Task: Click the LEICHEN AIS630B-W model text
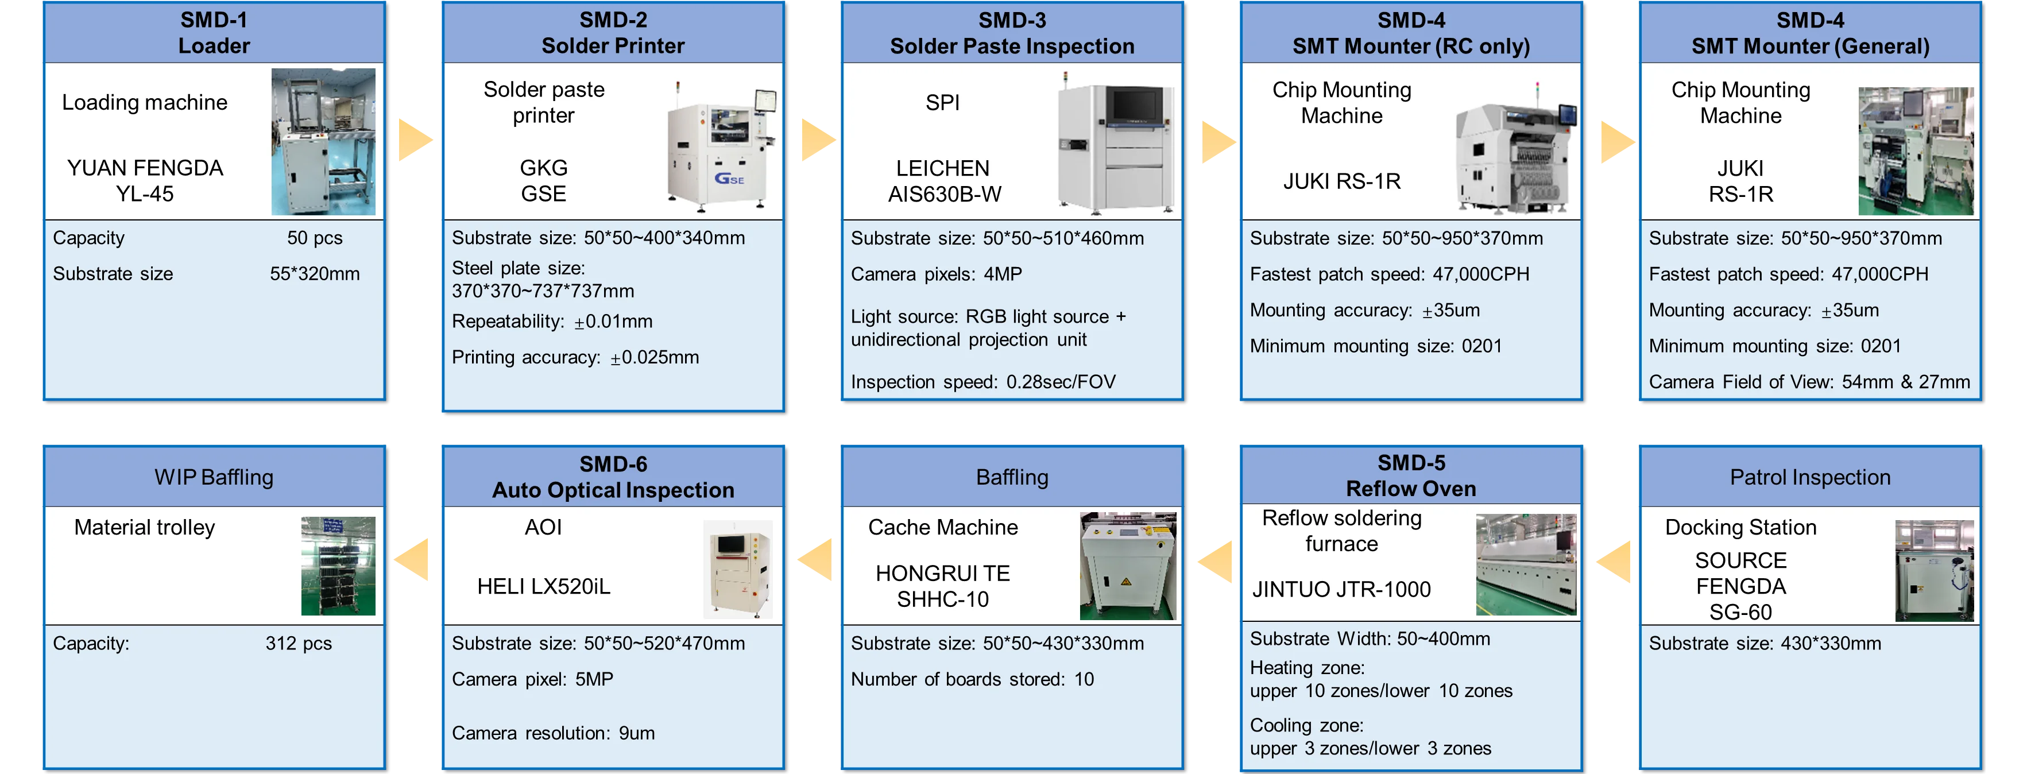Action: coord(943,181)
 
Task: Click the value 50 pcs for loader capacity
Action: coord(314,238)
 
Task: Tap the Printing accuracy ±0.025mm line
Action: coord(575,358)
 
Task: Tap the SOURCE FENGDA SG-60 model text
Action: coord(1740,586)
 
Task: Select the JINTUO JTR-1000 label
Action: coord(1341,589)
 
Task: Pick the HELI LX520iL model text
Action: coord(543,586)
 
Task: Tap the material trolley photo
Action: coord(338,566)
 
